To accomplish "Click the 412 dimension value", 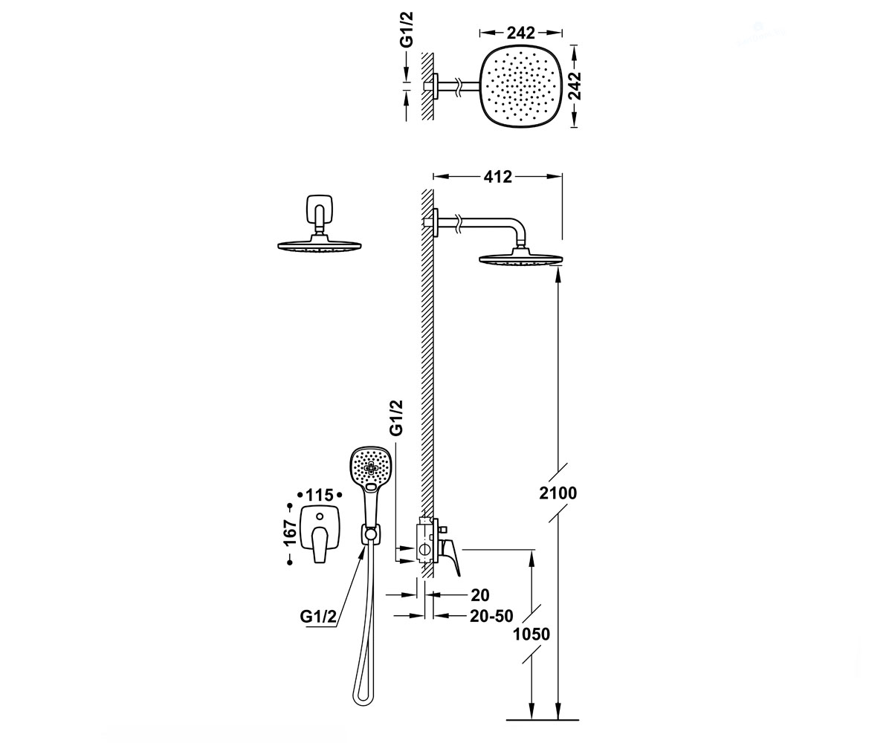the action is [x=498, y=176].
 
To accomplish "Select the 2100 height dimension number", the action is [x=558, y=493].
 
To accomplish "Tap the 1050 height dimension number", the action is [x=531, y=635].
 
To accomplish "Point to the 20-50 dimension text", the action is [x=491, y=616].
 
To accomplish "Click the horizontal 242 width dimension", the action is [x=521, y=33].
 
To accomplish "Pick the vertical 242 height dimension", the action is [x=576, y=86].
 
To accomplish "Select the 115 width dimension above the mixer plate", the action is [x=320, y=495].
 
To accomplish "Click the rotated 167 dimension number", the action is [x=290, y=533].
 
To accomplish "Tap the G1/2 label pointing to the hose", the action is [x=318, y=617].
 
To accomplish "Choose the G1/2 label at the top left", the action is [x=407, y=30].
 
